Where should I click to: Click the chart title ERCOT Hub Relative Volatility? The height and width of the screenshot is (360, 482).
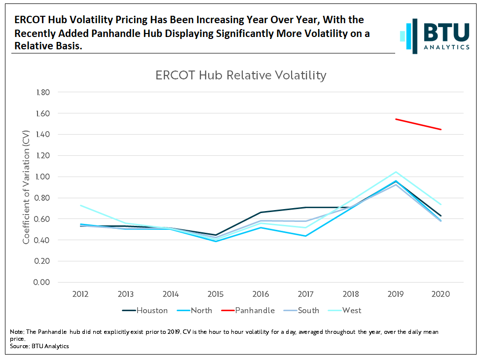tap(241, 75)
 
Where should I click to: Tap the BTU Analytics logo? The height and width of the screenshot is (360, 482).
tap(435, 36)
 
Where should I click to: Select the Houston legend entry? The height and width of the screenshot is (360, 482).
tap(145, 311)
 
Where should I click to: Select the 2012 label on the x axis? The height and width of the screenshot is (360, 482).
tap(80, 294)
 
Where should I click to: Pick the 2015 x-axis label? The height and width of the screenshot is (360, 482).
tap(216, 294)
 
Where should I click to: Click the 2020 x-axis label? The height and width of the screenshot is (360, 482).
tap(441, 294)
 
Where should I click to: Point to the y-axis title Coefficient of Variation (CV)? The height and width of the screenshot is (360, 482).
tap(26, 187)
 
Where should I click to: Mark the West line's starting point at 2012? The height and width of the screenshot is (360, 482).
tap(80, 205)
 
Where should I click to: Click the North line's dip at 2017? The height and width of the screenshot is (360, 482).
tap(306, 236)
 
